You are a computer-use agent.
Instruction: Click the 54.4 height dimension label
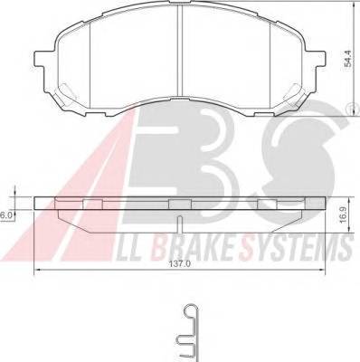coord(348,59)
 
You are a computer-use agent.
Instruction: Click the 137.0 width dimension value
coord(180,264)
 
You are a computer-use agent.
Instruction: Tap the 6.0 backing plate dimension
coord(5,215)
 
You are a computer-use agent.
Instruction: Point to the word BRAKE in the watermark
coord(194,248)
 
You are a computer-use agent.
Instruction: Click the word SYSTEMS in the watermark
coord(296,248)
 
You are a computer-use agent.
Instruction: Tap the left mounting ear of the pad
coord(41,59)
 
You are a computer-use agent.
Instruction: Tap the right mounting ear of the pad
coord(319,59)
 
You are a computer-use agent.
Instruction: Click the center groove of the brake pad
coord(180,51)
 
